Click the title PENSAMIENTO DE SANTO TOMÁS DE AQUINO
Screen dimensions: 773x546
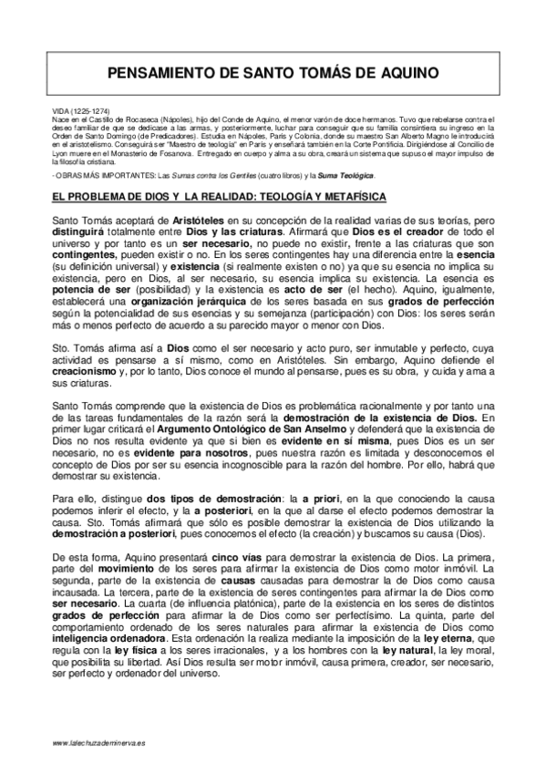pos(273,78)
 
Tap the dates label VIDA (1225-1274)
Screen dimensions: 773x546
pos(80,111)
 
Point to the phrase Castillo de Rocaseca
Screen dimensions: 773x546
pos(111,119)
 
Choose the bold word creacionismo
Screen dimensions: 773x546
pos(92,374)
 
